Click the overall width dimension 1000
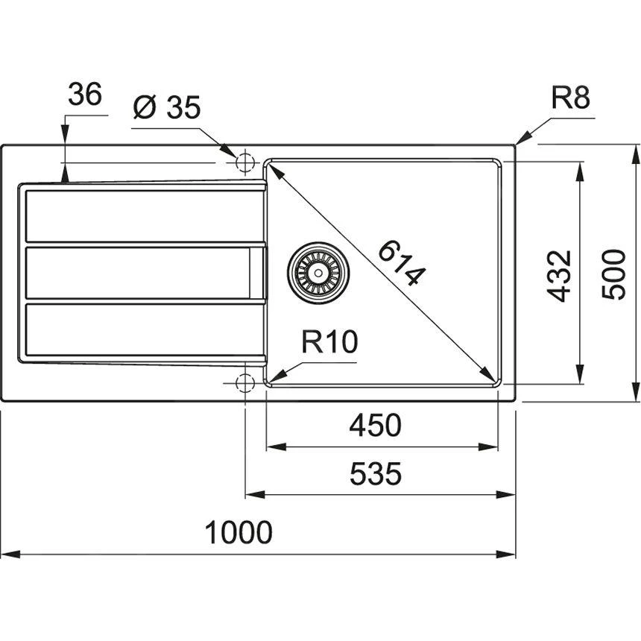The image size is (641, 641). tap(239, 533)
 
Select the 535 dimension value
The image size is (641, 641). tap(376, 473)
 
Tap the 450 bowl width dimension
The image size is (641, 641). tap(376, 426)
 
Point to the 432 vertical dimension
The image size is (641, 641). tap(559, 275)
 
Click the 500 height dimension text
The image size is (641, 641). tap(613, 275)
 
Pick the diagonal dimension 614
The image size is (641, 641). tap(402, 263)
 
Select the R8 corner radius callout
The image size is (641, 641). tap(570, 98)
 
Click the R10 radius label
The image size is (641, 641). tap(329, 343)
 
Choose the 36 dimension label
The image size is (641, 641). tap(84, 95)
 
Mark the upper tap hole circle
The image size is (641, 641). tap(244, 162)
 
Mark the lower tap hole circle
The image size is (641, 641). tap(244, 383)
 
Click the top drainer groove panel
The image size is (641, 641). tap(142, 216)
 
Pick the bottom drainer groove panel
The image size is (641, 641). tap(142, 328)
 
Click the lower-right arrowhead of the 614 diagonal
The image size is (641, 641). tap(491, 377)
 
